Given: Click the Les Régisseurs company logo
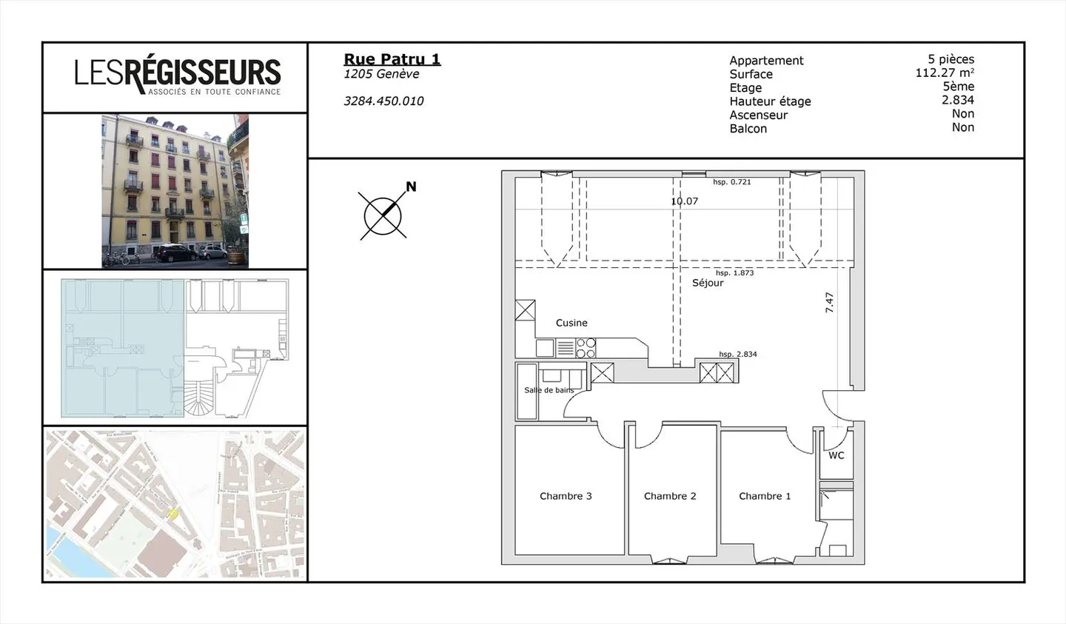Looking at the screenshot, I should pos(177,76).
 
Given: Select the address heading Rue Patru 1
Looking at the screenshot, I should pos(392,59).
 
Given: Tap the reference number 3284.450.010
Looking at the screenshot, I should pos(383,101).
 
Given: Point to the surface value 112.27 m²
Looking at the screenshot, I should pos(944,73).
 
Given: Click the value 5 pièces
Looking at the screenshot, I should pos(951,59).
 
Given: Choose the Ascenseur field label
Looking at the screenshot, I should pos(758,115).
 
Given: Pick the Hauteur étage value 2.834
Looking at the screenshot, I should pos(957,100).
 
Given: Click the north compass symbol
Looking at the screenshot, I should pos(383,215).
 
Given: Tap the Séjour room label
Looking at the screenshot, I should pos(708,283).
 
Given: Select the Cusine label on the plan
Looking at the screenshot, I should pos(571,323).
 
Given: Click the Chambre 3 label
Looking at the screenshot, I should pos(566,496).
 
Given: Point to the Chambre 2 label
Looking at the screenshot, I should pos(670,496).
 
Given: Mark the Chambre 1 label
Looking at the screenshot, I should pos(765,496).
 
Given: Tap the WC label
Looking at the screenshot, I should pos(836,455).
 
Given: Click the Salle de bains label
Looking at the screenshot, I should pos(549,390).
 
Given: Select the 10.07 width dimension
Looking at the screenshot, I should pos(684,201).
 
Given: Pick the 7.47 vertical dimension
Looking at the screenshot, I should pos(830,302).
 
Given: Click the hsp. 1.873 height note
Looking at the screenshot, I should pos(734,272).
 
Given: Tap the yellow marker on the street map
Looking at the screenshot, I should pos(173,513).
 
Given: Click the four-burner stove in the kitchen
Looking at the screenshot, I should pos(586,348).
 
